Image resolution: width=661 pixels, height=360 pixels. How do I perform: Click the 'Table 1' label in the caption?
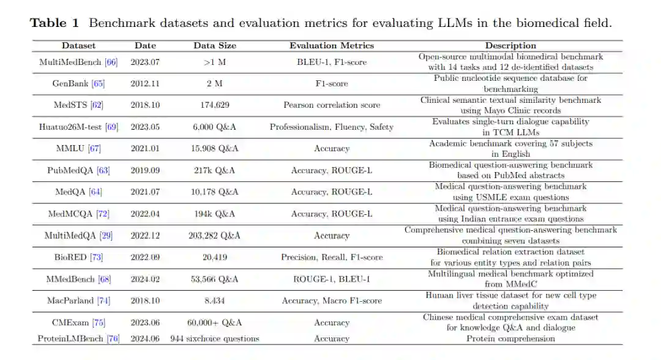[x=55, y=24]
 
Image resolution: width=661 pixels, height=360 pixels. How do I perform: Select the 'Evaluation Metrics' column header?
[x=331, y=45]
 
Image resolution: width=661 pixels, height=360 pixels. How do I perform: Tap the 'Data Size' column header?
[x=214, y=45]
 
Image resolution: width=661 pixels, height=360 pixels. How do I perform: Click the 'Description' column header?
[x=510, y=45]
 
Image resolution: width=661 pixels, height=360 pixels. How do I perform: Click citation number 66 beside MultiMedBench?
[x=111, y=62]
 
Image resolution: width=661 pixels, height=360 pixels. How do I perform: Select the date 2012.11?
[x=145, y=83]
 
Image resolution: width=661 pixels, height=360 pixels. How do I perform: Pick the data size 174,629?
[x=214, y=105]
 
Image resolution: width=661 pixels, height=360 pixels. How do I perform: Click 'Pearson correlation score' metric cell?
[x=331, y=105]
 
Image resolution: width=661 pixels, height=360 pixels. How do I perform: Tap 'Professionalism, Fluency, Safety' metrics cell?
[x=331, y=127]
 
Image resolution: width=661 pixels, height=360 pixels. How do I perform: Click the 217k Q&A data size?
[x=214, y=170]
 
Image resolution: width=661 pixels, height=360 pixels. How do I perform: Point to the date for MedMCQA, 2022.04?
[x=145, y=214]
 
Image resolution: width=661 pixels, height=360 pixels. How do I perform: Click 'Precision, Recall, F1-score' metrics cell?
[x=331, y=257]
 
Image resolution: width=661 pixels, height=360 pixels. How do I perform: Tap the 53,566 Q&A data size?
[x=214, y=279]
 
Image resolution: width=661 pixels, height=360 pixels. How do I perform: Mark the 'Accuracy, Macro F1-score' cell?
[x=331, y=301]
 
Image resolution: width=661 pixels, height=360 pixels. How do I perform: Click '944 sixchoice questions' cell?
[x=214, y=339]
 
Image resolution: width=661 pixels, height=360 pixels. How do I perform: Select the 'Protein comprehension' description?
[x=510, y=339]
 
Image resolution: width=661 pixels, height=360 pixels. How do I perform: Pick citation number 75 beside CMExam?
[x=99, y=323]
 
